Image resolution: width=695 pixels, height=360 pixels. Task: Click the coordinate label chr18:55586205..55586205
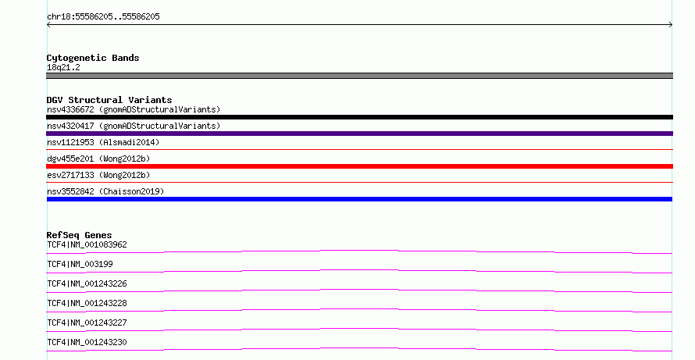pyautogui.click(x=103, y=17)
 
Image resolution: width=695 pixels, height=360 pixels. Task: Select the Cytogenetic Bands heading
pyautogui.click(x=93, y=58)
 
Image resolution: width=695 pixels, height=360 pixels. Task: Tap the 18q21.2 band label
pyautogui.click(x=63, y=67)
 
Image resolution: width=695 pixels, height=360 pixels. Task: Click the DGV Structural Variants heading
pyautogui.click(x=109, y=100)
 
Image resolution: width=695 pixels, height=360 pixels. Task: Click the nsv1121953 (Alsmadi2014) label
pyautogui.click(x=103, y=142)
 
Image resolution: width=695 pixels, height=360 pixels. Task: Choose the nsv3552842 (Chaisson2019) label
pyautogui.click(x=105, y=191)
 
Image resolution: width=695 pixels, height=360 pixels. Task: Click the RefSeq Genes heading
pyautogui.click(x=79, y=235)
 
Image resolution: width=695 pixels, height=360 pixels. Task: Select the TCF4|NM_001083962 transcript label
pyautogui.click(x=87, y=244)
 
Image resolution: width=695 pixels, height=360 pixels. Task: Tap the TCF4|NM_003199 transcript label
pyautogui.click(x=80, y=264)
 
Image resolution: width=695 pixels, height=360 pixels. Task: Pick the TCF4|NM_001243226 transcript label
pyautogui.click(x=87, y=283)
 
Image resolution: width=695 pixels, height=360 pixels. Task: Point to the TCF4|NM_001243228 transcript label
pyautogui.click(x=87, y=303)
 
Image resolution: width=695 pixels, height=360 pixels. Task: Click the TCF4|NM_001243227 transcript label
pyautogui.click(x=87, y=323)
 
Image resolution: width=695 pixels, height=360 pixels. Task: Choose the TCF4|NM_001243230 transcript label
pyautogui.click(x=87, y=342)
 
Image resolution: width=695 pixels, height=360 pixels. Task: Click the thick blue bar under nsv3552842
pyautogui.click(x=359, y=199)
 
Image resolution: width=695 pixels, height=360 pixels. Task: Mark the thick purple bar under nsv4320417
pyautogui.click(x=359, y=134)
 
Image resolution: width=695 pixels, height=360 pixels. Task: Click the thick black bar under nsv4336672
pyautogui.click(x=359, y=117)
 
